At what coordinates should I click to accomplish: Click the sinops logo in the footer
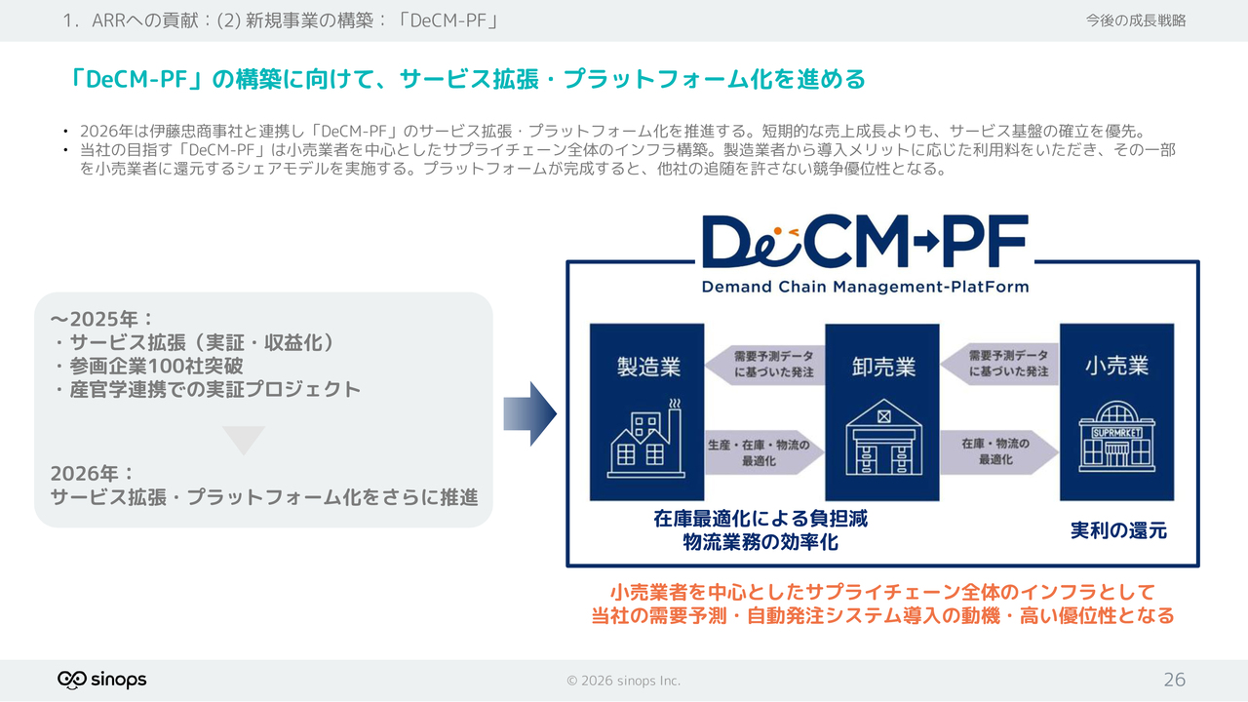pos(102,680)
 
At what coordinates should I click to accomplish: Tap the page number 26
pos(1174,680)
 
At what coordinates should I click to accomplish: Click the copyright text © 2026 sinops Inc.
pos(624,681)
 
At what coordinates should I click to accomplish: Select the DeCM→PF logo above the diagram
pos(865,242)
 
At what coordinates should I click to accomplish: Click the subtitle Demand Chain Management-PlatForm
pos(865,287)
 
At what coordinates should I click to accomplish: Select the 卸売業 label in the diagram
pos(882,367)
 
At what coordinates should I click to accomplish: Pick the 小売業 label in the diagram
pos(1116,367)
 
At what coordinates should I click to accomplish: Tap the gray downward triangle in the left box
pos(243,440)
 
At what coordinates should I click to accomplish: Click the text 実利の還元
pos(1118,531)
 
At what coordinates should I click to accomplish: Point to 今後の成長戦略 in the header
pos(1136,20)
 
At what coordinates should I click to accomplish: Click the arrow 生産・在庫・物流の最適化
pos(764,452)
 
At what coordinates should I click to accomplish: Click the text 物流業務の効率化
pos(760,543)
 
